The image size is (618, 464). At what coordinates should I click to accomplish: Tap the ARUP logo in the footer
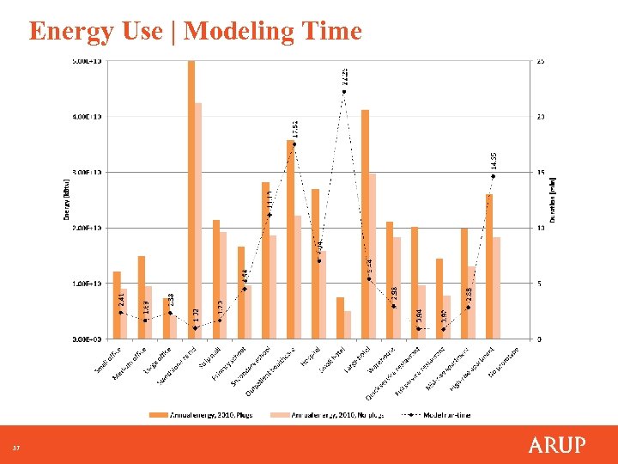tap(557, 444)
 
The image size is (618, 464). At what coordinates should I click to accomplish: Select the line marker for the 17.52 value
tap(294, 143)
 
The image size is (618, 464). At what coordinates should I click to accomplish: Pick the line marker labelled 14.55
tap(493, 176)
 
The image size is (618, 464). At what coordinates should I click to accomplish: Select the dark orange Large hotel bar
tap(365, 223)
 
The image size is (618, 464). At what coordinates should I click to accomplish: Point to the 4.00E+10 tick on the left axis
tap(86, 116)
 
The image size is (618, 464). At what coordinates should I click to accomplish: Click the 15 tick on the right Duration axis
tap(540, 172)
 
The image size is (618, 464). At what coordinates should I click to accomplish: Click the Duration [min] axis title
tap(554, 199)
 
